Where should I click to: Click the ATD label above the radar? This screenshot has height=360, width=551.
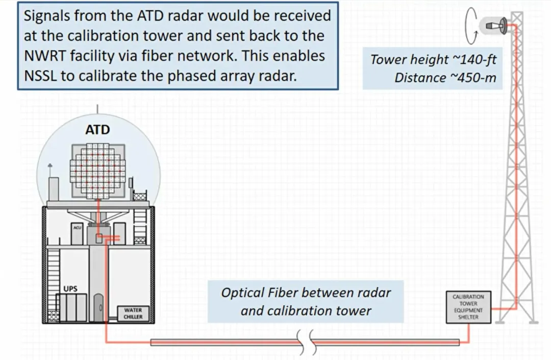pyautogui.click(x=97, y=130)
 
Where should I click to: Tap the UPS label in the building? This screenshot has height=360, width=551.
pyautogui.click(x=70, y=289)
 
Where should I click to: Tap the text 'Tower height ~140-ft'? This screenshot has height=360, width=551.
pyautogui.click(x=433, y=60)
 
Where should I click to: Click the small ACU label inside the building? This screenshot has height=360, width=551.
pyautogui.click(x=77, y=228)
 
